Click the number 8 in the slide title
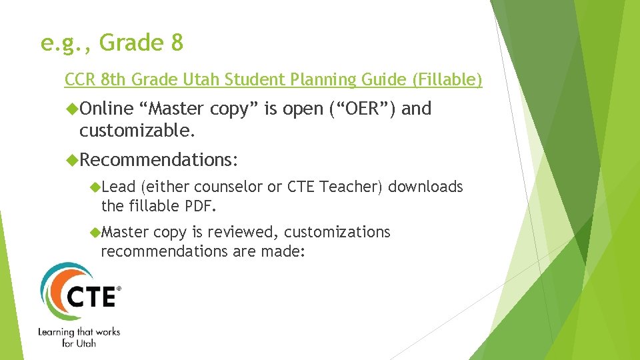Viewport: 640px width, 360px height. click(x=177, y=43)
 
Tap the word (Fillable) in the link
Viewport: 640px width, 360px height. click(x=447, y=80)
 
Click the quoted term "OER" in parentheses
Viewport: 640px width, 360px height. click(x=364, y=108)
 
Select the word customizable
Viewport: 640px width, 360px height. click(x=137, y=131)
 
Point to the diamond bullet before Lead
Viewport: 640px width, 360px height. click(x=95, y=187)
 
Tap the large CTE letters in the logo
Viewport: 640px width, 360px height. click(x=92, y=295)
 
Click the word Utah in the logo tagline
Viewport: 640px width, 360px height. click(x=85, y=343)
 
